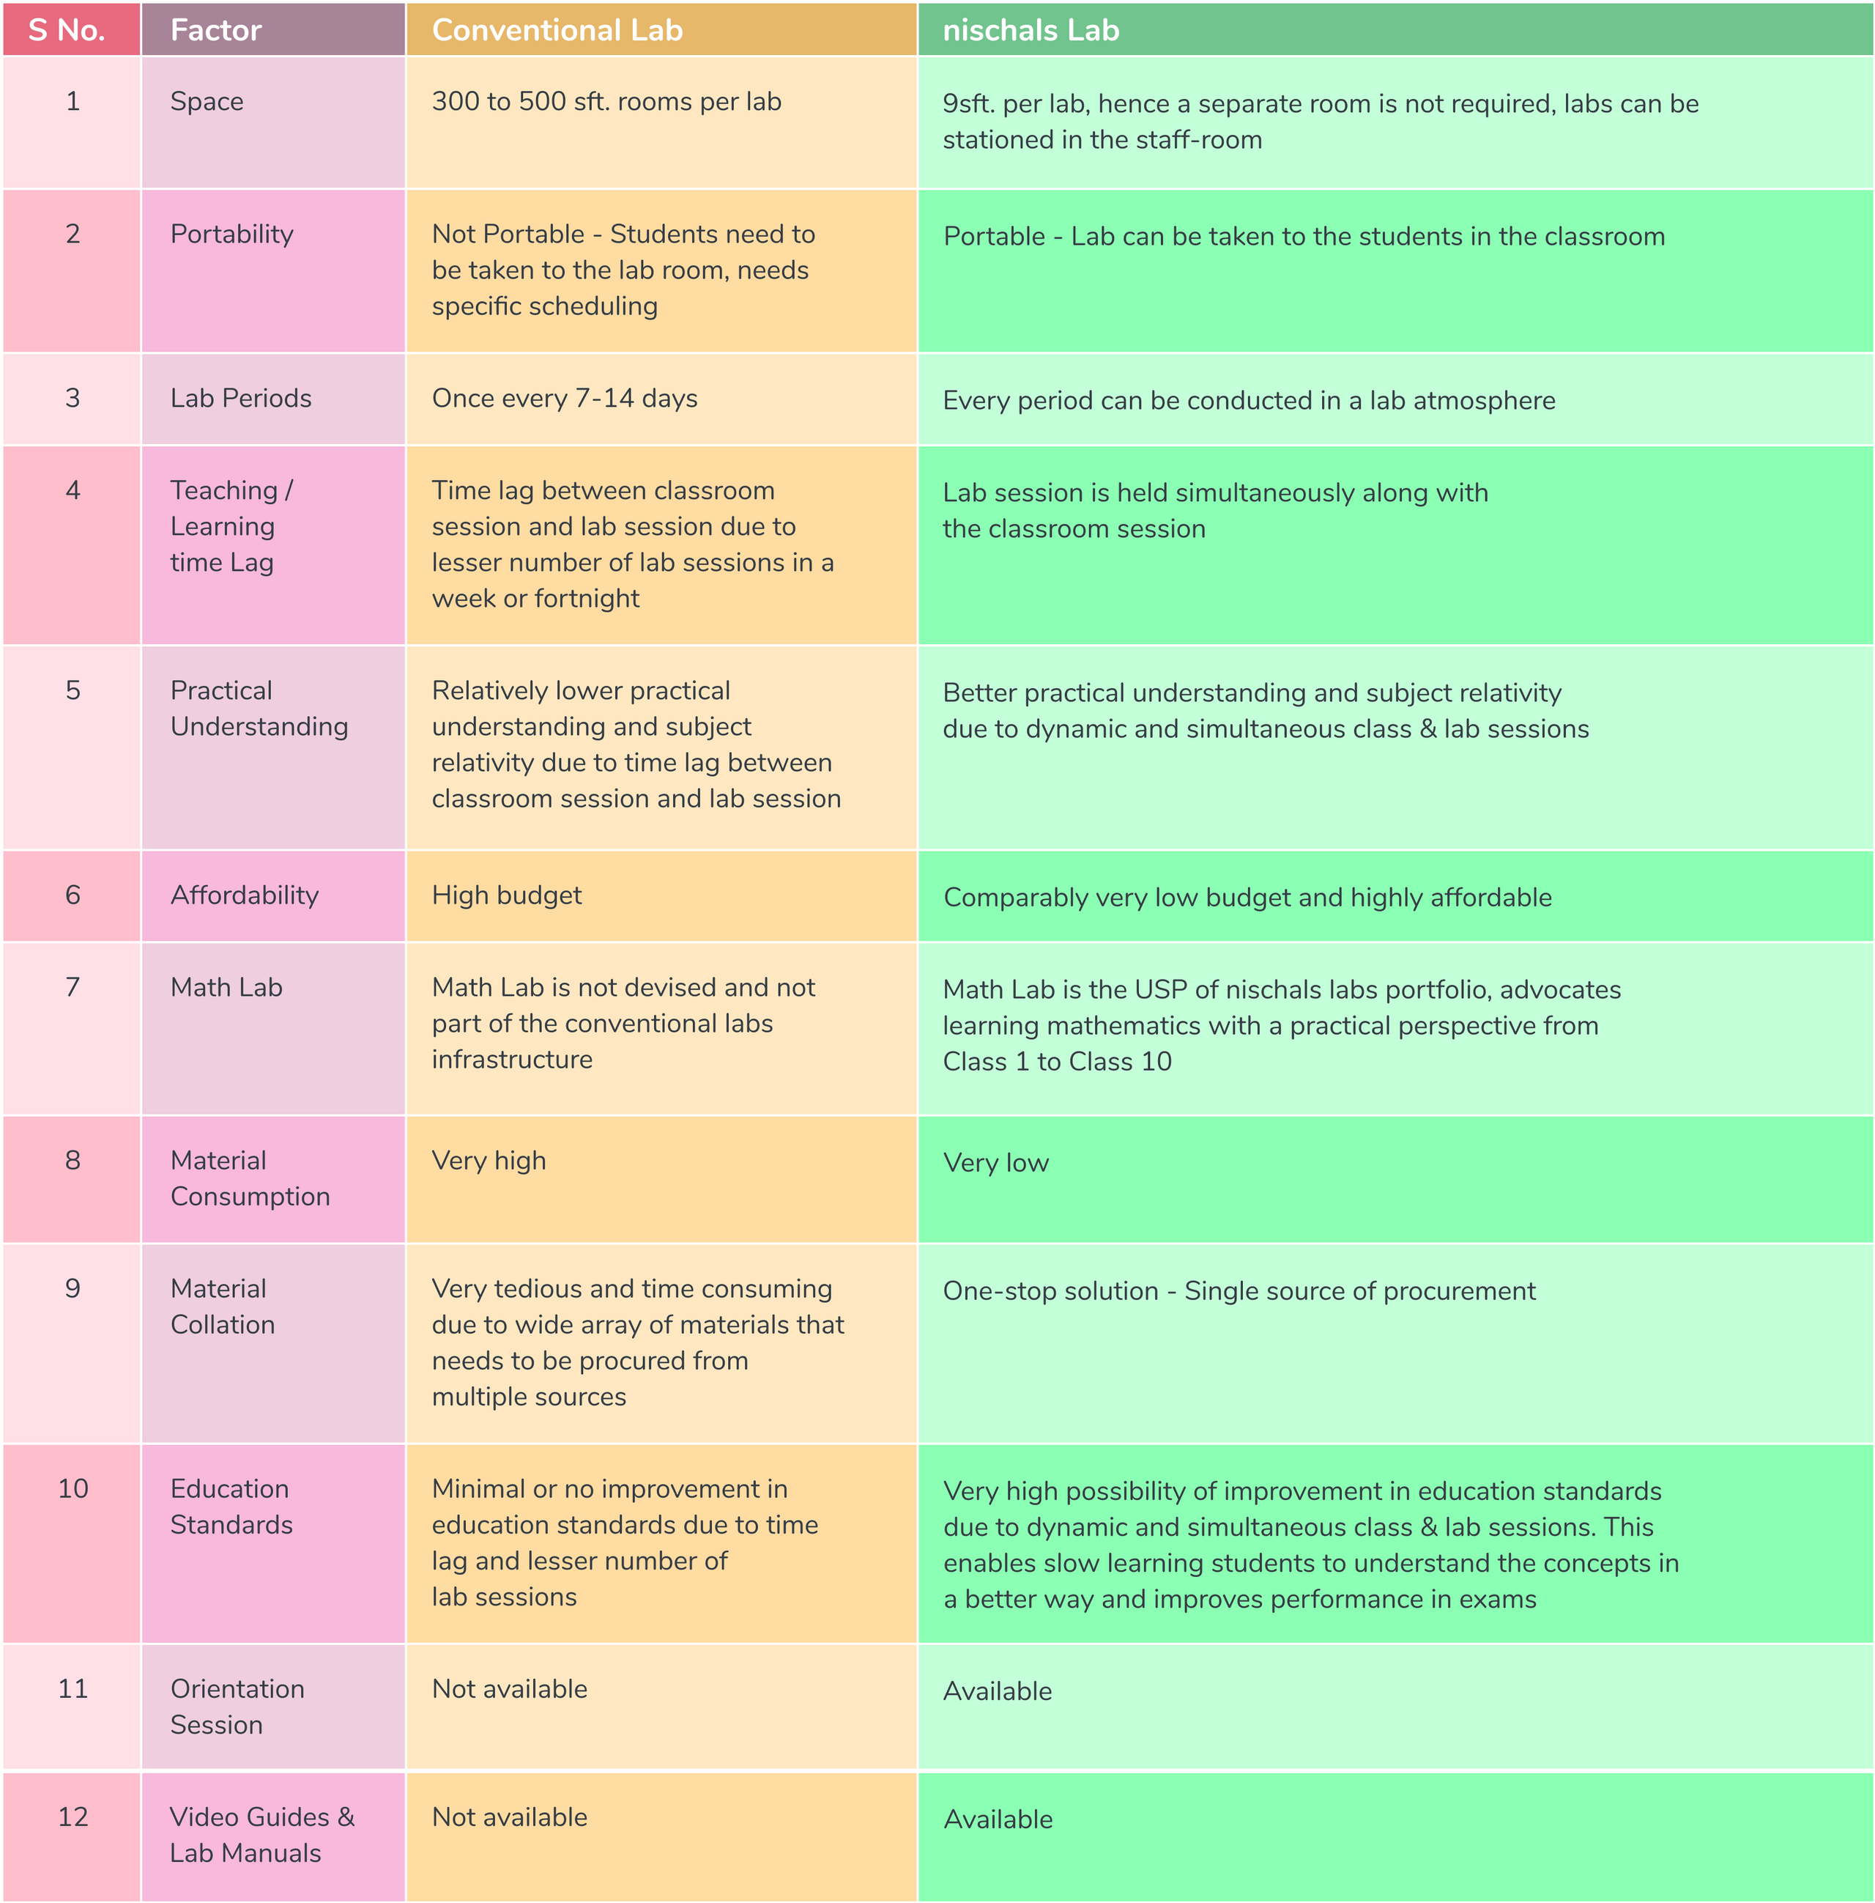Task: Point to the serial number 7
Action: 73,987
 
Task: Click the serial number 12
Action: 73,1817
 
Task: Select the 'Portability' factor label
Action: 231,234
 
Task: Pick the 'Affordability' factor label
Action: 244,895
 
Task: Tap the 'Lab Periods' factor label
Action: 240,398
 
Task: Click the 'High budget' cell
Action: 506,895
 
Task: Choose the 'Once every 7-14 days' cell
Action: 564,398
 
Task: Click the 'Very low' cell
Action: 995,1162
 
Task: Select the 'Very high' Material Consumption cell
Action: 489,1160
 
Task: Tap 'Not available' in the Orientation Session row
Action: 509,1689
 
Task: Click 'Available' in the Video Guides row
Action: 998,1819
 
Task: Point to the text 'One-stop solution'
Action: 1050,1291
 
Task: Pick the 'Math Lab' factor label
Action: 226,987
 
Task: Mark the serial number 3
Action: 73,398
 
